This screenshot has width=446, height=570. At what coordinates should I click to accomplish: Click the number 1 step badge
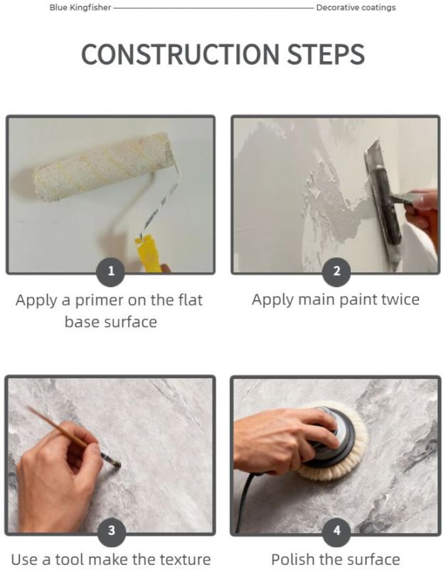(111, 271)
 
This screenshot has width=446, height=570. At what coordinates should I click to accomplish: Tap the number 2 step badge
(336, 271)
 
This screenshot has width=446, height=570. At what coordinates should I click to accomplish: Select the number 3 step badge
(112, 530)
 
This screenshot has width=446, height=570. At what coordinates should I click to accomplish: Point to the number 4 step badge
(336, 530)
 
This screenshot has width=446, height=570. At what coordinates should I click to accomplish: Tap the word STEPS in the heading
(326, 55)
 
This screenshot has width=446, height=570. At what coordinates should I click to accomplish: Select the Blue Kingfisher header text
(80, 8)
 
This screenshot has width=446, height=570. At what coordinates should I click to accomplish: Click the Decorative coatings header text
(356, 8)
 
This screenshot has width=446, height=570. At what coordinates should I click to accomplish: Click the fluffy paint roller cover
(102, 167)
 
